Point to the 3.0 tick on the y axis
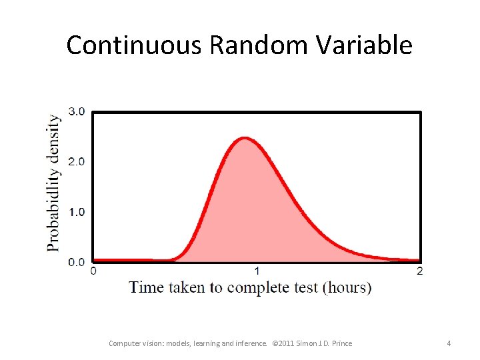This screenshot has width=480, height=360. coord(77,111)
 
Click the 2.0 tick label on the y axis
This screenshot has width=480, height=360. coord(77,161)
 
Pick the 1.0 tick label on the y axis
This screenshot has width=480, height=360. coord(77,212)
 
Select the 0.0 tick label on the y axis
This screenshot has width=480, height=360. coord(77,262)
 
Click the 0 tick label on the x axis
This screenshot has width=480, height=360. coord(93,271)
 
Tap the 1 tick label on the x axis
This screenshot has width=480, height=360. coord(257,271)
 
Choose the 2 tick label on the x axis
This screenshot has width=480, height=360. coord(419,271)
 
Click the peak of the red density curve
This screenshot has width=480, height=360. coord(245,139)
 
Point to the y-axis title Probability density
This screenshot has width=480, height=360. coord(53,183)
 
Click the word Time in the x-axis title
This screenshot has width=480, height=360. coord(147,287)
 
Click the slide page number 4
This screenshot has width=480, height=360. coord(449,343)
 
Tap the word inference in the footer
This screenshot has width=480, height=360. coord(251,343)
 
